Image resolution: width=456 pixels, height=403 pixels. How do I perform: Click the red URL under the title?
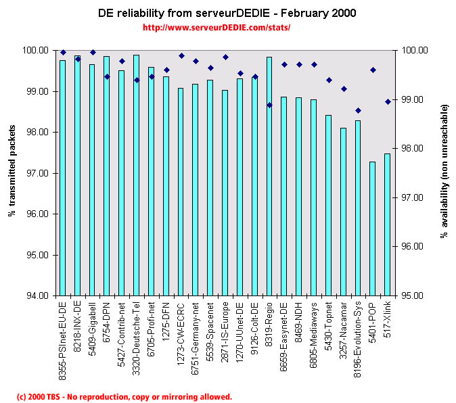click(x=216, y=28)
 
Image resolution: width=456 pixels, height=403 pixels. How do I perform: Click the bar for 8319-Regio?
click(x=269, y=176)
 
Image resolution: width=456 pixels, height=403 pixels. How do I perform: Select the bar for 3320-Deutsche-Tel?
click(x=136, y=175)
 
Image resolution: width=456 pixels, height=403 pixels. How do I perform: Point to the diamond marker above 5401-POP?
click(x=373, y=70)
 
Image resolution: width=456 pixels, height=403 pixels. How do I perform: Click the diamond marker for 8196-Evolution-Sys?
click(x=358, y=110)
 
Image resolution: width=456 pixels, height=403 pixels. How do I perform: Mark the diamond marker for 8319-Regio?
click(x=269, y=105)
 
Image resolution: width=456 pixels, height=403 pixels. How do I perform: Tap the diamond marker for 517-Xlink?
click(x=388, y=101)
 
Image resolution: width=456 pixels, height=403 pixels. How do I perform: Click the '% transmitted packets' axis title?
click(x=12, y=173)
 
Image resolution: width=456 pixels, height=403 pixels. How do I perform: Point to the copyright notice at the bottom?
click(x=124, y=396)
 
